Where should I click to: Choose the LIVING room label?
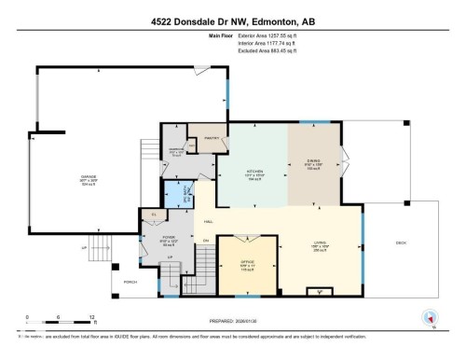tap(318, 246)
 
